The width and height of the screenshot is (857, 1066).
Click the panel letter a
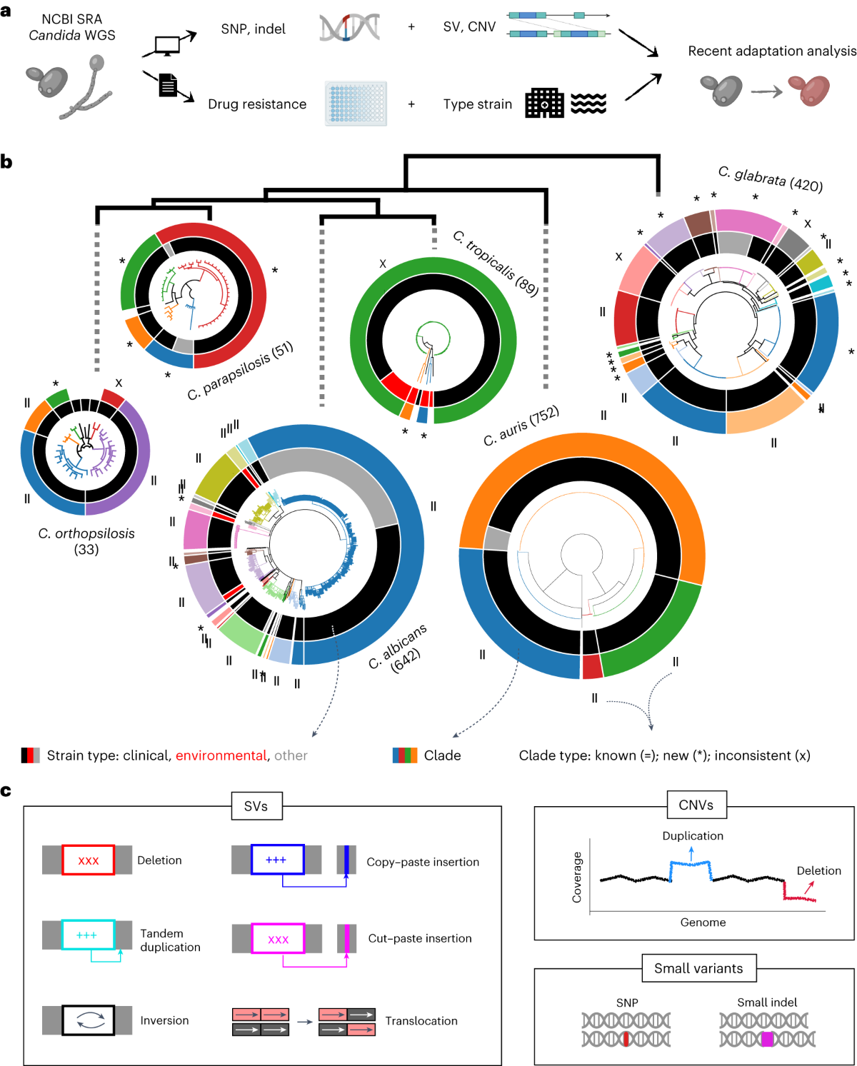6,11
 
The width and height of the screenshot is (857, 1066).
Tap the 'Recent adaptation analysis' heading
771,51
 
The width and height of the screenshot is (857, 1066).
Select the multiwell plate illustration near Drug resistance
356,104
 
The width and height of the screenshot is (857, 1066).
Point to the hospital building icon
544,104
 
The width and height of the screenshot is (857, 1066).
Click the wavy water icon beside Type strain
588,104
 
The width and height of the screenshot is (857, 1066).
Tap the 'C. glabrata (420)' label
771,178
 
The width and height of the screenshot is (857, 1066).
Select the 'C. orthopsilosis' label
86,533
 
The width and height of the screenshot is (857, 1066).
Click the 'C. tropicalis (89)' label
496,263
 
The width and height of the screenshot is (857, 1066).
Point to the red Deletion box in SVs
88,860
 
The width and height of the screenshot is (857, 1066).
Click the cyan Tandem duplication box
88,935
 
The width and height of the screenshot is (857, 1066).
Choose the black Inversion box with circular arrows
88,1020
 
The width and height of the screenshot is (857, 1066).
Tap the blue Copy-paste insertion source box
277,860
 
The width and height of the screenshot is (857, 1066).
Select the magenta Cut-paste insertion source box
278,938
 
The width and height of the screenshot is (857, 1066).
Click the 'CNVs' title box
696,805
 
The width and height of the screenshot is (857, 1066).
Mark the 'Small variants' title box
698,968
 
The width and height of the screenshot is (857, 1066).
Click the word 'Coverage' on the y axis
577,878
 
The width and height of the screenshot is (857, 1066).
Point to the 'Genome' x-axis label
703,922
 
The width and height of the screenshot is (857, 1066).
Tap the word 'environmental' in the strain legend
221,755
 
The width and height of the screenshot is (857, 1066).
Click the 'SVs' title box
256,806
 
